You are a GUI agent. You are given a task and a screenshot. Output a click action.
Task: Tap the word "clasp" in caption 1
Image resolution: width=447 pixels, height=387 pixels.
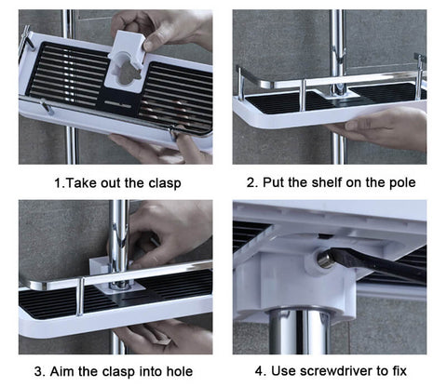click(x=165, y=183)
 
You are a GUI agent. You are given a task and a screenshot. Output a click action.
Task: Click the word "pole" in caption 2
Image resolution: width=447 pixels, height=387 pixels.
click(x=402, y=182)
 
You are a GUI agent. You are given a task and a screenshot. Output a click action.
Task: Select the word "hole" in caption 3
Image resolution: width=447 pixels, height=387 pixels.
click(x=180, y=371)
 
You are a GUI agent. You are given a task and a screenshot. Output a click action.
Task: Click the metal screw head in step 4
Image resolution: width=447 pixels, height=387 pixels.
click(x=324, y=260)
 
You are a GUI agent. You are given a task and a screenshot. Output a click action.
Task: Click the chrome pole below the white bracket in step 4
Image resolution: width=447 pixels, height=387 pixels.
click(x=297, y=332)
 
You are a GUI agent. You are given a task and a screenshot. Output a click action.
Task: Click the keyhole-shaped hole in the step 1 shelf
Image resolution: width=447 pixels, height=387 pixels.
click(x=128, y=73)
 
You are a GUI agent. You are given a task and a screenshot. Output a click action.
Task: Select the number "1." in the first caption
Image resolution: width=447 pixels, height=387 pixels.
click(x=60, y=183)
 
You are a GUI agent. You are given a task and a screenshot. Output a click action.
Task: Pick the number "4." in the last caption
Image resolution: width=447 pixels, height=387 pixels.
click(x=261, y=371)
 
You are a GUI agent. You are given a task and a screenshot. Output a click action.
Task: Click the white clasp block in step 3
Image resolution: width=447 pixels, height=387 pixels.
click(x=100, y=266)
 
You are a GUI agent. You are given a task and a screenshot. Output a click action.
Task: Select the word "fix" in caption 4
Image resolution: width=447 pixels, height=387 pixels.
click(x=400, y=371)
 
